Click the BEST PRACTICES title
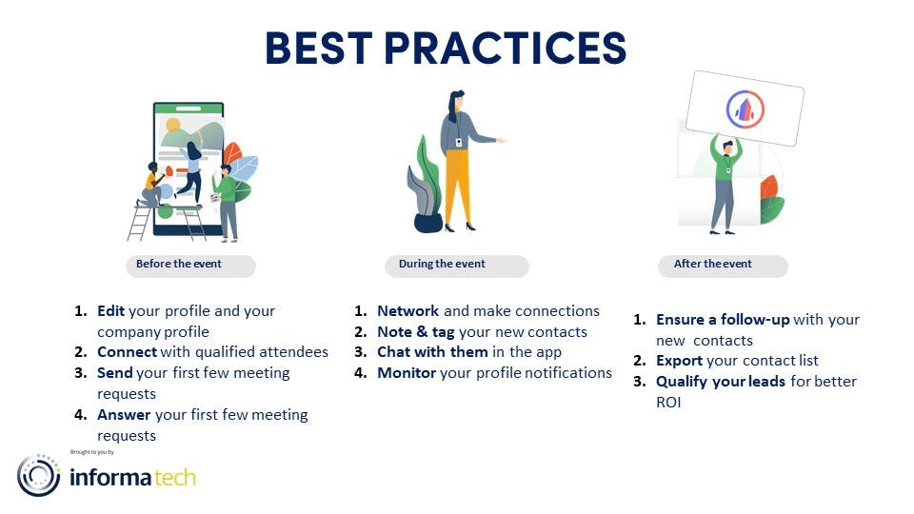pos(446,48)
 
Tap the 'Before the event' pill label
pos(190,266)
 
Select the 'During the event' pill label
pos(456,266)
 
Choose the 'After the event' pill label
pos(723,266)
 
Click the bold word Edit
pos(110,310)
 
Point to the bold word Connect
pos(127,352)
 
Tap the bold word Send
pos(115,372)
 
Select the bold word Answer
pos(124,414)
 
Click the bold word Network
pos(408,310)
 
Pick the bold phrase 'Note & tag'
pos(416,331)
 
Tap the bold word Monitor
pos(407,372)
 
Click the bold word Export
pos(679,361)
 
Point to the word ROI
pos(668,402)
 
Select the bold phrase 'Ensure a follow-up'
pos(723,320)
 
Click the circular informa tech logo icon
pos(38,476)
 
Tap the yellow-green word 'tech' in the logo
pos(175,477)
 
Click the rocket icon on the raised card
pos(745,109)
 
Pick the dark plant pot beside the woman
pos(427,223)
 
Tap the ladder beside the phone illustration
pos(139,223)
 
